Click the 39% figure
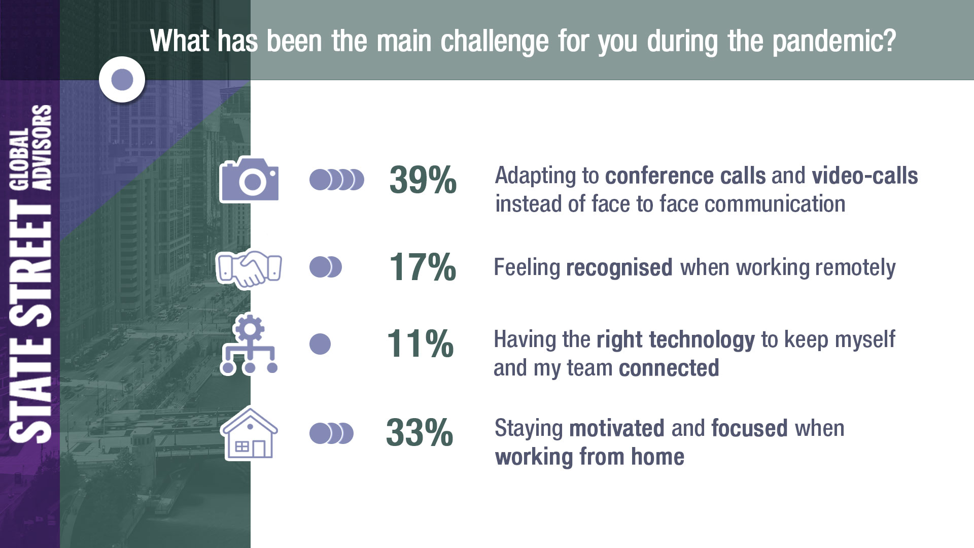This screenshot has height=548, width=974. (423, 180)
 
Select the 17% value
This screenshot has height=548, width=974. (423, 267)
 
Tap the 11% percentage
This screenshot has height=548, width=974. (420, 344)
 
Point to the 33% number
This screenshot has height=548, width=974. (420, 433)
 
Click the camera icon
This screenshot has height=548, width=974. (249, 180)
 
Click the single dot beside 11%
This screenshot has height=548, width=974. (320, 344)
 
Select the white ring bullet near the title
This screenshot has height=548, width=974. (122, 80)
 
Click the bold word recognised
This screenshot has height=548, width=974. (619, 268)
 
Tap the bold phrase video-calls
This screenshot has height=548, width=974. (865, 176)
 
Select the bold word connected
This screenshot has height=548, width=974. (669, 368)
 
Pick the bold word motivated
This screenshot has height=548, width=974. (617, 428)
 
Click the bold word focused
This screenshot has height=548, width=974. (749, 428)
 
